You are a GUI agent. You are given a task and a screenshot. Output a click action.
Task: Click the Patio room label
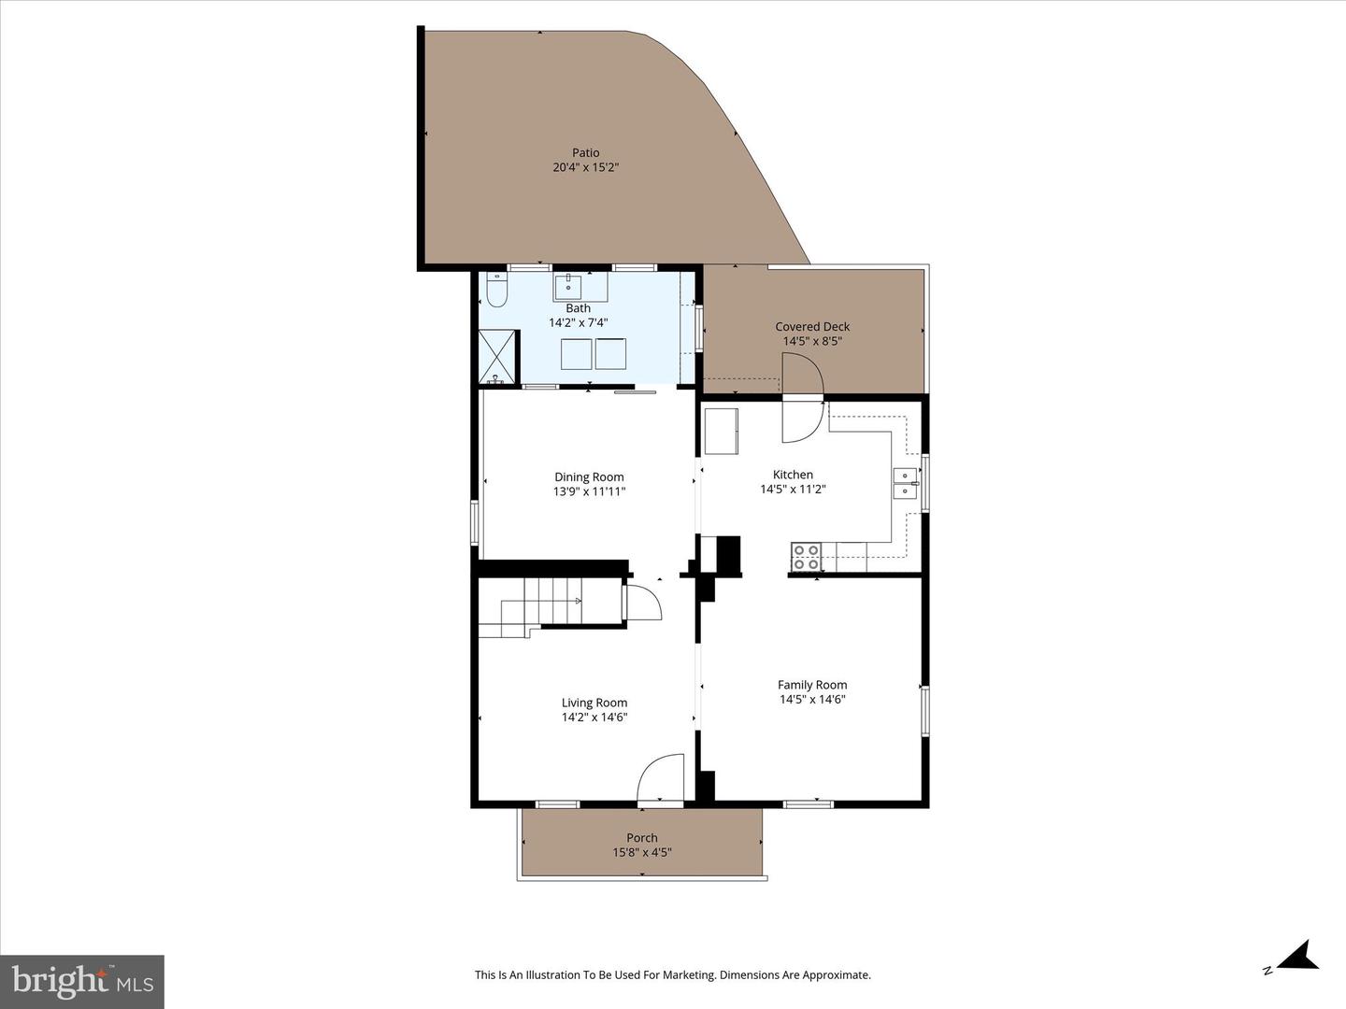(586, 152)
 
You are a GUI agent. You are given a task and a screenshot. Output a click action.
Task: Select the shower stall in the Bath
(497, 357)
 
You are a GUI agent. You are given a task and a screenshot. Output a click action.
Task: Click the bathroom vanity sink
(568, 284)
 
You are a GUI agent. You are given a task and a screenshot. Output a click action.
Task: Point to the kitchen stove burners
(806, 557)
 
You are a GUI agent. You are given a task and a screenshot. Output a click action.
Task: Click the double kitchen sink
(905, 483)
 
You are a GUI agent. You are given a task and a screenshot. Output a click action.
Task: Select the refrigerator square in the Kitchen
(721, 431)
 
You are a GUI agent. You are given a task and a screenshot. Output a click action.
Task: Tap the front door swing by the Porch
(660, 778)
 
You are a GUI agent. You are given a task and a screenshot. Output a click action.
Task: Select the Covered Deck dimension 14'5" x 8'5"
(812, 341)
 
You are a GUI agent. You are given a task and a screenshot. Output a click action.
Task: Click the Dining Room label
(589, 476)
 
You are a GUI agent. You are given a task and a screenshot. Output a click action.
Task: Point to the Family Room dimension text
(812, 699)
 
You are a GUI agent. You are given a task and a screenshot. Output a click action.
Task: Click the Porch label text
(642, 838)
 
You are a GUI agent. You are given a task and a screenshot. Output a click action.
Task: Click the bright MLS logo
(82, 981)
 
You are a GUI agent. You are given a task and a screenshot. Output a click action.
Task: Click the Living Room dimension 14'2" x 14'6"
(594, 718)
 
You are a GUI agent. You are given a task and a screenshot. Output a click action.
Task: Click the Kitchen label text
(793, 475)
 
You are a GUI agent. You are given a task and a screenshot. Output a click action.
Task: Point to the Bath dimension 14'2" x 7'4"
(578, 322)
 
